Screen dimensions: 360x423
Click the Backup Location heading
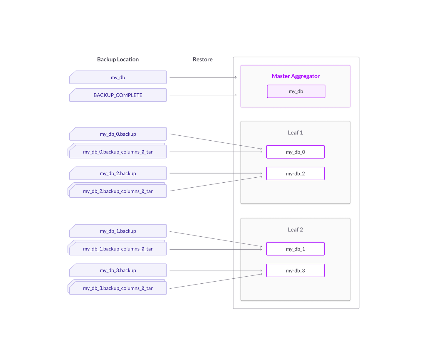(118, 59)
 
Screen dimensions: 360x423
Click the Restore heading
(202, 59)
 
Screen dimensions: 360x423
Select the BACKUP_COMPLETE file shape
(118, 95)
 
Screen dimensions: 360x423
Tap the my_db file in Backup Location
(118, 78)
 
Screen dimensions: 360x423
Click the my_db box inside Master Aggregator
(296, 91)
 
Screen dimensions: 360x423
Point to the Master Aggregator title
(296, 76)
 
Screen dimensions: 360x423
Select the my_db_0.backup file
(118, 134)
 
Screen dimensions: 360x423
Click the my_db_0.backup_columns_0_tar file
(118, 152)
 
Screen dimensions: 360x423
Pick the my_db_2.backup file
(118, 174)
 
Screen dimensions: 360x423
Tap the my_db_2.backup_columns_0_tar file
(118, 191)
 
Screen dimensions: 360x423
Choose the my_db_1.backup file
(118, 231)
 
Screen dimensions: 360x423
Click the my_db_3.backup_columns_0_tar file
(118, 288)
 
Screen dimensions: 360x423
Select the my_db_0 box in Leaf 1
(295, 152)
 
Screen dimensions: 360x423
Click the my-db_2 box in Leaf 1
(295, 174)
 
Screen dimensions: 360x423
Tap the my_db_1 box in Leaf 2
(295, 249)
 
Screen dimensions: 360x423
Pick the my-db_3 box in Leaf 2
(295, 270)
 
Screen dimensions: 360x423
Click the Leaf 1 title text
(295, 133)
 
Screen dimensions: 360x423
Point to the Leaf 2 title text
(295, 230)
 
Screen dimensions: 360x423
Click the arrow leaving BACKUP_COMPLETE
(203, 95)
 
